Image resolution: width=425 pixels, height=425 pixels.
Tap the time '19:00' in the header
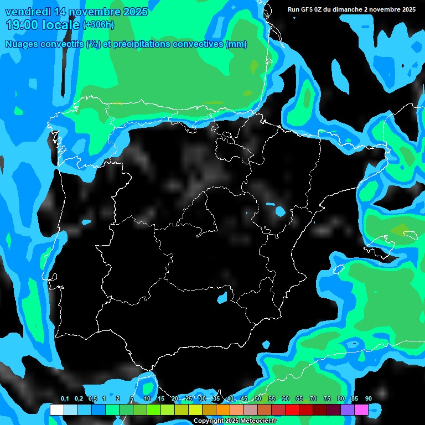point(23,25)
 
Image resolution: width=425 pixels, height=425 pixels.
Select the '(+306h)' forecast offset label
point(98,25)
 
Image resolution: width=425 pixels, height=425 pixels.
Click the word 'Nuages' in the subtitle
point(21,44)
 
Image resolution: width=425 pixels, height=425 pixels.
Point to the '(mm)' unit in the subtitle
point(237,44)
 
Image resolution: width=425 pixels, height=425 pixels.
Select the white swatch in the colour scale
point(56,410)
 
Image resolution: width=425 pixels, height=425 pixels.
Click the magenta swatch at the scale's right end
point(361,410)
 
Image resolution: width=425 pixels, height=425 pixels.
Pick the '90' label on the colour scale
point(368,398)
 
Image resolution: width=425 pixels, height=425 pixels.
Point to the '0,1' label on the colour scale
point(64,398)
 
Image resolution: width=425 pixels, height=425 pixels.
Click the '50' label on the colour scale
point(257,398)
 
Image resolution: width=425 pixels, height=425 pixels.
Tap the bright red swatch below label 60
point(292,410)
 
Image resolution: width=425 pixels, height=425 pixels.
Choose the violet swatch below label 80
point(347,410)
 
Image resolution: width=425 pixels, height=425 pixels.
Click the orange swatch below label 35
point(222,410)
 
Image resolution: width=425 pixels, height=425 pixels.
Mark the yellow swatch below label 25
point(195,410)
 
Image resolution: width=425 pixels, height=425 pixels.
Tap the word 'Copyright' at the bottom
point(209,421)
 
